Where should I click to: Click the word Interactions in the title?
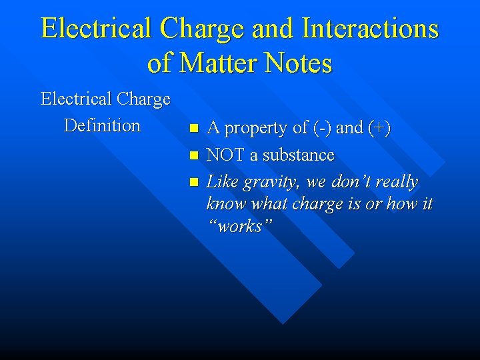pos(370,29)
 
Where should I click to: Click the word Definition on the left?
pos(102,125)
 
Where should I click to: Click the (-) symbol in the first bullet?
pos(321,128)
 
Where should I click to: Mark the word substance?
pos(298,155)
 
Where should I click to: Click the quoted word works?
pos(235,226)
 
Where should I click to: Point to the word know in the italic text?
pos(225,204)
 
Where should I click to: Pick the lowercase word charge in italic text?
pos(321,205)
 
